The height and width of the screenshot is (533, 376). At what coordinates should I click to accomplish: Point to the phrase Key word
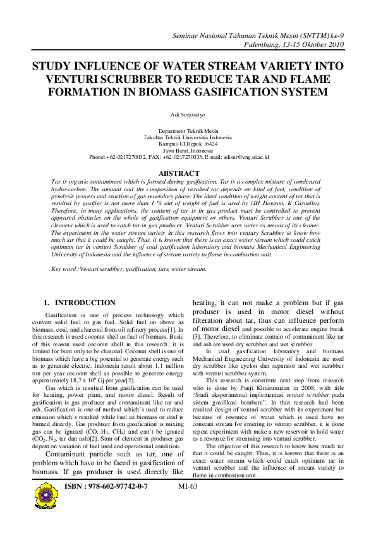click(64, 269)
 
